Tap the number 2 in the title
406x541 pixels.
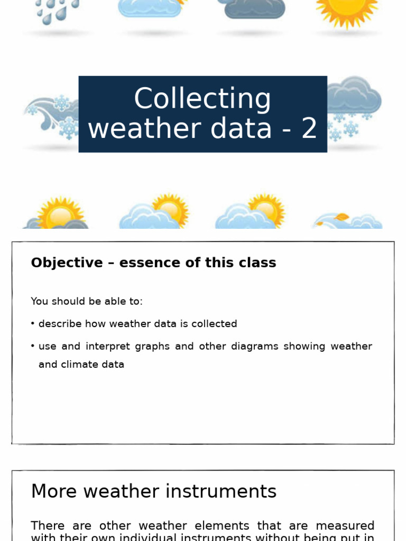click(309, 129)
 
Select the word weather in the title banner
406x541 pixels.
click(131, 129)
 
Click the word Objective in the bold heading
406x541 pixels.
click(67, 263)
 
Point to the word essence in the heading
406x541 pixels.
click(150, 263)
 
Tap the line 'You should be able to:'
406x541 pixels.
click(87, 301)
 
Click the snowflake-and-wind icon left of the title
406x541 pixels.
click(53, 116)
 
